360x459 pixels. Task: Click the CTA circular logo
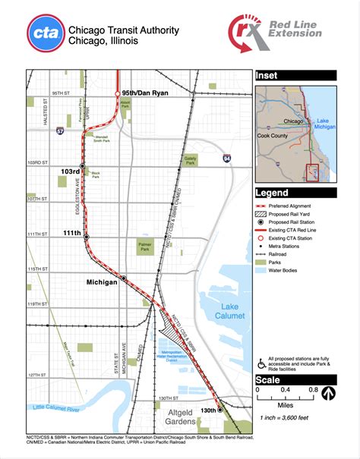click(x=45, y=34)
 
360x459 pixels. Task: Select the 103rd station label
click(x=70, y=172)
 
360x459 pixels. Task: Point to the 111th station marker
click(x=87, y=237)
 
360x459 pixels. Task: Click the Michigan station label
click(x=102, y=281)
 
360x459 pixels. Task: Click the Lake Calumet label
click(x=229, y=310)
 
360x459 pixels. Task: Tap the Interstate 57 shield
click(x=61, y=130)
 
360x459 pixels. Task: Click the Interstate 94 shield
click(x=226, y=158)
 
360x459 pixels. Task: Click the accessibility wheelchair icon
click(x=261, y=359)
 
